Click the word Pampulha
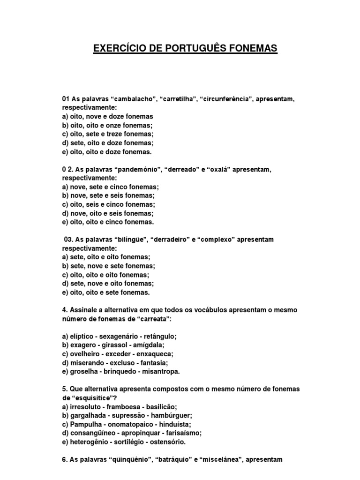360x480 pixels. click(x=85, y=424)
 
